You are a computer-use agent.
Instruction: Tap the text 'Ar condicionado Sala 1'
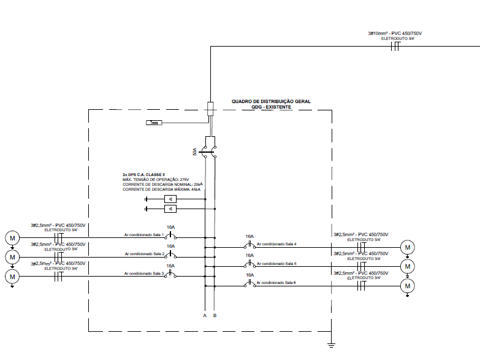click(x=144, y=234)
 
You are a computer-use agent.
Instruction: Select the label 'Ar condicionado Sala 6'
click(x=277, y=282)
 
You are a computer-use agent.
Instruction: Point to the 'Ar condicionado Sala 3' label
click(x=144, y=274)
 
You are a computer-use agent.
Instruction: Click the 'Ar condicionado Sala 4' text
click(x=277, y=244)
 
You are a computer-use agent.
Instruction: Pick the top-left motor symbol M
click(x=12, y=237)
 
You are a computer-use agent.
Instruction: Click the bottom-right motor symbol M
click(x=408, y=285)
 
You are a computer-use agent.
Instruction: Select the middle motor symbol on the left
click(x=12, y=256)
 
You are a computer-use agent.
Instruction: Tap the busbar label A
click(x=205, y=316)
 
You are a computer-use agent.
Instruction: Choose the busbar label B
click(x=214, y=316)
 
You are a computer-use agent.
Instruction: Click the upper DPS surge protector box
click(x=170, y=199)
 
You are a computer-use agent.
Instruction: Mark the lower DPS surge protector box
click(x=170, y=209)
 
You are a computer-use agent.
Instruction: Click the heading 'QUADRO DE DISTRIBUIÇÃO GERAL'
click(x=271, y=101)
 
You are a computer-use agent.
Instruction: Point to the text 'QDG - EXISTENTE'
click(x=271, y=107)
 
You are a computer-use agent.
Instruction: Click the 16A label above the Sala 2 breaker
click(x=171, y=246)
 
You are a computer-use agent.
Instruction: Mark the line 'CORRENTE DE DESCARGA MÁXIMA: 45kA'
click(x=162, y=190)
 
